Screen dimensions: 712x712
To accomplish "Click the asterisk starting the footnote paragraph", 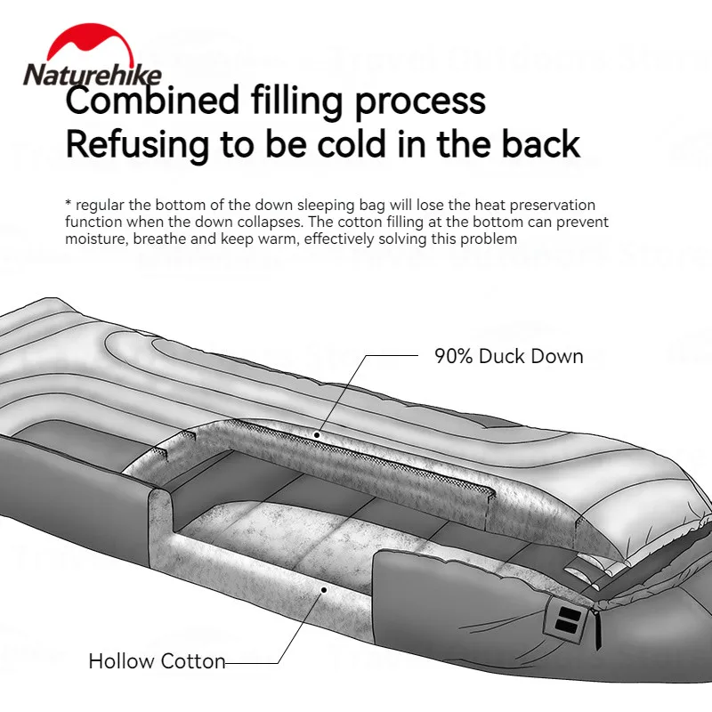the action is pos(69,205).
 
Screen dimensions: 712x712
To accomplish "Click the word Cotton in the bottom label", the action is pos(193,661).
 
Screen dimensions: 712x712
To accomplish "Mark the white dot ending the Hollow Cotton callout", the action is pos(325,588).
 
